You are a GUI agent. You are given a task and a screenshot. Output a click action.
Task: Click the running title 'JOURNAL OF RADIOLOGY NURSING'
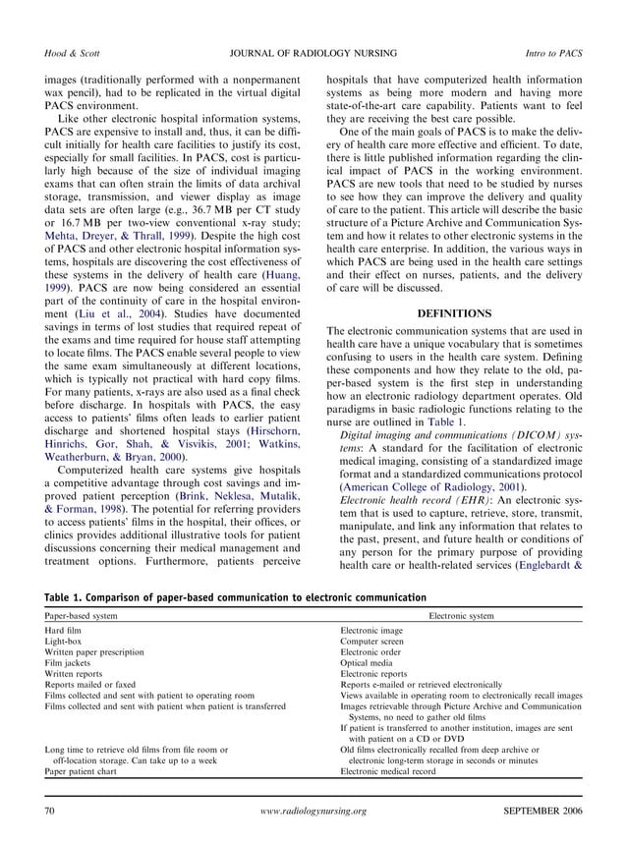click(313, 49)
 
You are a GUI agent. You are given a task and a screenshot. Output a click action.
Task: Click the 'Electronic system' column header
click(461, 614)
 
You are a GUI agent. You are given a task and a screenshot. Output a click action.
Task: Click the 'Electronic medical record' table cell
click(389, 772)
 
